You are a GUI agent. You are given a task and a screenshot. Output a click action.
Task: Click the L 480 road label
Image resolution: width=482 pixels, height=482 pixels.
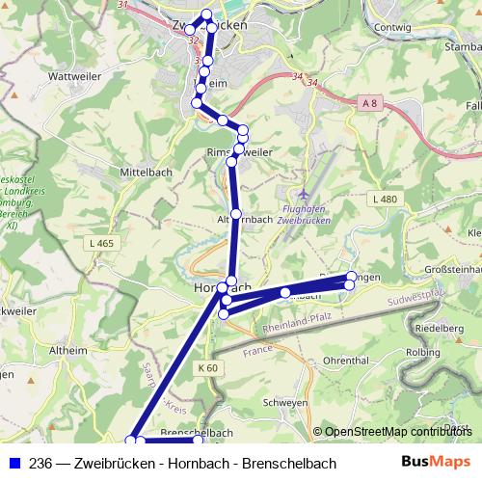[384, 199]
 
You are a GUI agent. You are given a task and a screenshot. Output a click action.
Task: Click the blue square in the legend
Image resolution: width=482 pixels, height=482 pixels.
[13, 464]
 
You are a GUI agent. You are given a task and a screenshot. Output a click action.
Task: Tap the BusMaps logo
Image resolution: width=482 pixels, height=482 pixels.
[437, 463]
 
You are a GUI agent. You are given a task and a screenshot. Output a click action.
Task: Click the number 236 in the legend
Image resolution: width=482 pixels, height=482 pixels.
[40, 464]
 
